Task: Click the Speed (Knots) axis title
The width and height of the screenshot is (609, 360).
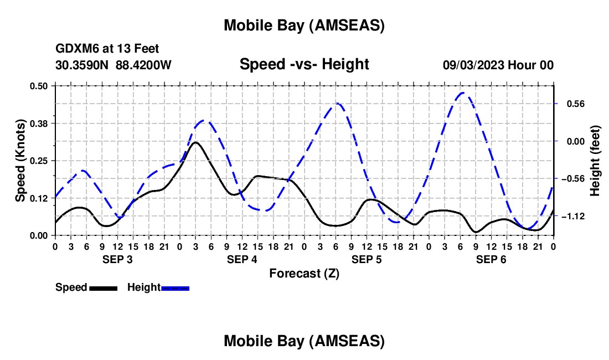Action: click(20, 161)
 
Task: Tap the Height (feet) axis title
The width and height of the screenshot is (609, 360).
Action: click(595, 161)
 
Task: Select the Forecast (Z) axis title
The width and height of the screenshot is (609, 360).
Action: click(304, 273)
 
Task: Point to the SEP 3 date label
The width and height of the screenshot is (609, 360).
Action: click(117, 259)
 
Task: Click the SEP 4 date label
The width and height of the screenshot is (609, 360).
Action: click(242, 259)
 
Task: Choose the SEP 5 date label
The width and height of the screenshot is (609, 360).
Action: click(367, 259)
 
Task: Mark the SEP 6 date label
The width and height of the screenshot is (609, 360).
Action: click(491, 259)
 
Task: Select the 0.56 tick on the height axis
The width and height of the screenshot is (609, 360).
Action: click(571, 104)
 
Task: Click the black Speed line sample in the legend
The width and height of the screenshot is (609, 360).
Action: click(103, 288)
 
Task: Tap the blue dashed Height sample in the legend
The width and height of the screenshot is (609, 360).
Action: click(176, 288)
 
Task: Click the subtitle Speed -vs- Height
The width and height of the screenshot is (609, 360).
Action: click(304, 64)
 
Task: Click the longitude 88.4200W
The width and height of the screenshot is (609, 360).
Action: click(143, 65)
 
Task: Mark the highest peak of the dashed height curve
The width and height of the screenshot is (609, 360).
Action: click(463, 92)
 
